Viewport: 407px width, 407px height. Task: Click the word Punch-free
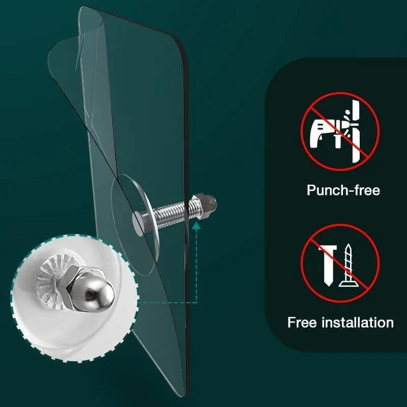(343, 191)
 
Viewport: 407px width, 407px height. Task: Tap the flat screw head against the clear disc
(140, 220)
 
